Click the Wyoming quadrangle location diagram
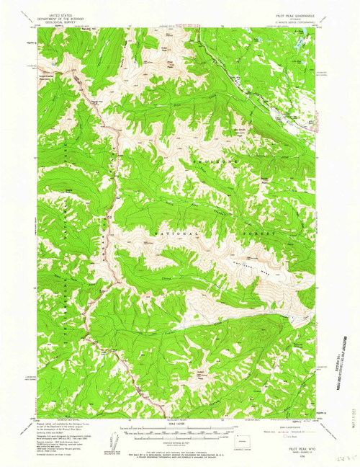point(246,435)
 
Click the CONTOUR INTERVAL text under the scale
point(180,439)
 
